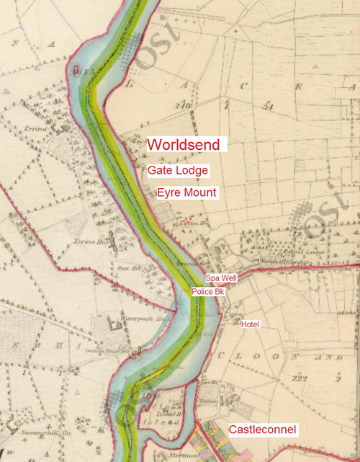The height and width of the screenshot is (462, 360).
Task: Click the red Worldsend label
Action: tap(187, 144)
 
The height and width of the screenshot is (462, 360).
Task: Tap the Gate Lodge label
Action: tap(178, 171)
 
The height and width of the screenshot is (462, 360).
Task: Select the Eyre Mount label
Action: tap(186, 193)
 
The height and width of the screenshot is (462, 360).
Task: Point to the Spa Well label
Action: tap(221, 278)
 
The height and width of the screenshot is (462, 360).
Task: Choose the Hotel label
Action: tap(250, 324)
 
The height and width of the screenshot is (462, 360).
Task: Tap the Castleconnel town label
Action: tap(263, 430)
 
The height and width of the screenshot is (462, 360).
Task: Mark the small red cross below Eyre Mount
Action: tap(186, 221)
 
